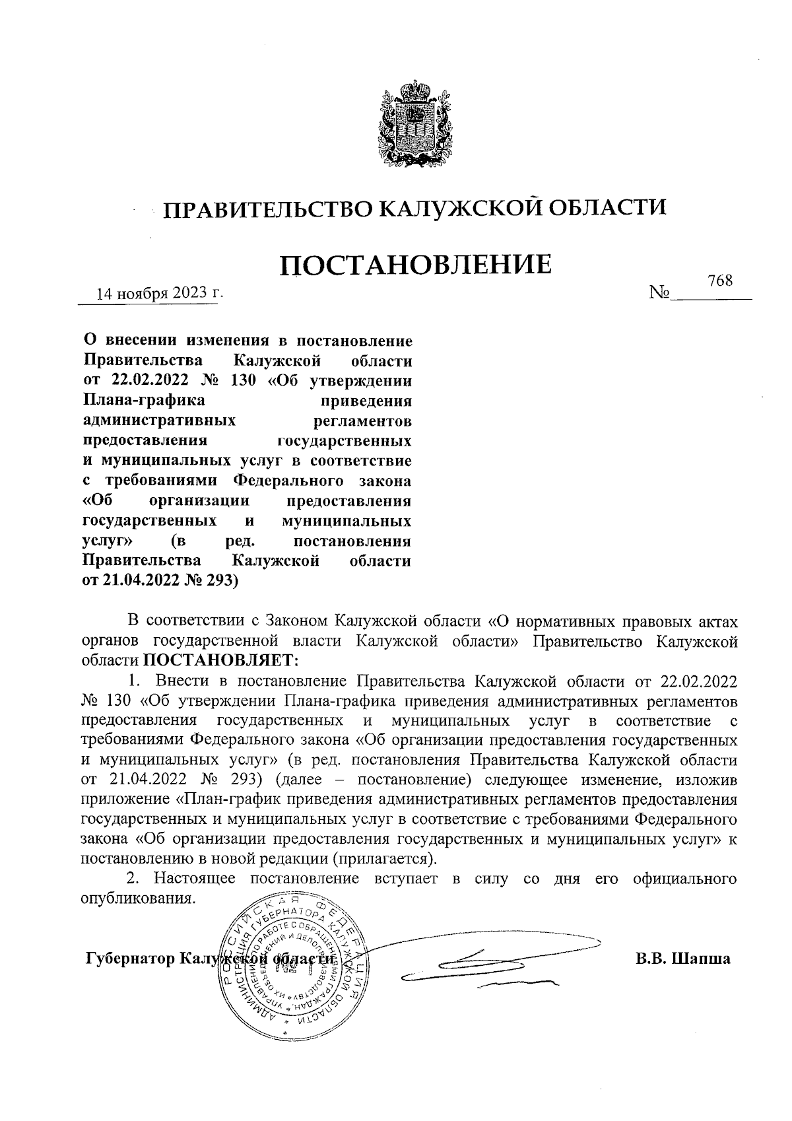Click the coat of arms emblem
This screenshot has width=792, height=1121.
[x=414, y=126]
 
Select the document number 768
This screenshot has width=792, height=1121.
[x=720, y=281]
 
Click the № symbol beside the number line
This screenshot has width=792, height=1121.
[x=660, y=292]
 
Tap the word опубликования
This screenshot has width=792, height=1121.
[x=138, y=898]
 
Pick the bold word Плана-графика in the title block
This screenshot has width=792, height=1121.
[x=143, y=400]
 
